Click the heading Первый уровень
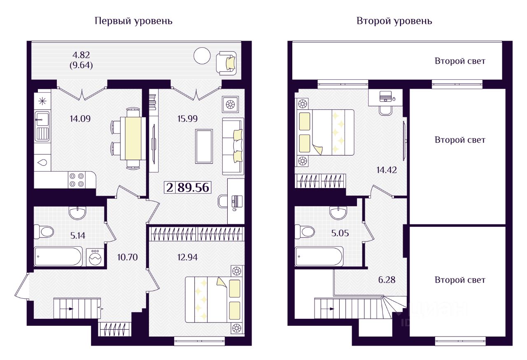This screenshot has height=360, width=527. [x=133, y=21]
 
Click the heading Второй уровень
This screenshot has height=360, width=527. [x=394, y=21]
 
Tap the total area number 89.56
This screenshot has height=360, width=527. [x=194, y=188]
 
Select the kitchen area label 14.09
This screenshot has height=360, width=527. [x=80, y=119]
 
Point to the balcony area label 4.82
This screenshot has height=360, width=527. [x=81, y=55]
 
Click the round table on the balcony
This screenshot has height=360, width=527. [x=202, y=56]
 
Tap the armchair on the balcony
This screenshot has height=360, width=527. [x=226, y=63]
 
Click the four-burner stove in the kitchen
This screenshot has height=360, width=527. [x=77, y=180]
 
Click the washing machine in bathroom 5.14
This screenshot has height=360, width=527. [x=95, y=257]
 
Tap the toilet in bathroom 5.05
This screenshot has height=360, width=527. [x=304, y=232]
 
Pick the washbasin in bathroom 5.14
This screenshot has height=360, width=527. [x=77, y=213]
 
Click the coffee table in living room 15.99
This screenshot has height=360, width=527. [x=204, y=146]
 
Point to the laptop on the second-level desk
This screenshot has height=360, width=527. [x=386, y=96]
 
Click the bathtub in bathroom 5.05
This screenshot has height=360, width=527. [x=319, y=257]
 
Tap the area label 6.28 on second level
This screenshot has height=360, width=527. [x=387, y=280]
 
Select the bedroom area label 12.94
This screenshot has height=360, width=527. [x=187, y=257]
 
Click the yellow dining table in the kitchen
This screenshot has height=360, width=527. [x=133, y=139]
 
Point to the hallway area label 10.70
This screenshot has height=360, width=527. [x=127, y=257]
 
